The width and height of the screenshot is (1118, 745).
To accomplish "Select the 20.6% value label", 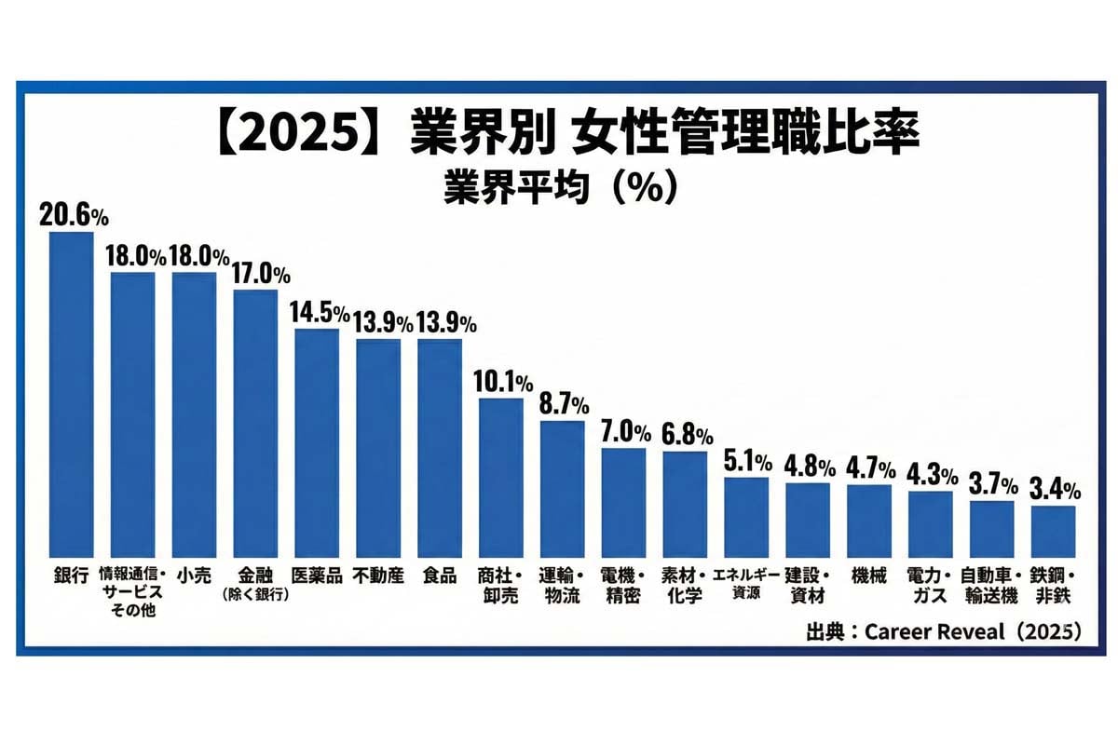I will coord(74,215).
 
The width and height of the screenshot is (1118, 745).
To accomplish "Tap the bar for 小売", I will coord(194,413).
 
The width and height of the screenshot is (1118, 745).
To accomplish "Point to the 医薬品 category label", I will coord(317,576).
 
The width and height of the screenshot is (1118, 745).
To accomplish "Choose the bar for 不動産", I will coord(378,447).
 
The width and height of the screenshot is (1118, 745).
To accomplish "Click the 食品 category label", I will coord(440,576).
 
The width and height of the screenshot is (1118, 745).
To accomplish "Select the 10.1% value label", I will coord(504,383).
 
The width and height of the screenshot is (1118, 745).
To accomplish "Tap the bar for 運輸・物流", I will coord(563,488).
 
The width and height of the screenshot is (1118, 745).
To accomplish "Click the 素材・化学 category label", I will coord(686,585).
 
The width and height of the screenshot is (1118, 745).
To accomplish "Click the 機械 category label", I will coord(869,576).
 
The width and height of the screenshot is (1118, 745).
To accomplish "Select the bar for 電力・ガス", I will coord(931,523).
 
